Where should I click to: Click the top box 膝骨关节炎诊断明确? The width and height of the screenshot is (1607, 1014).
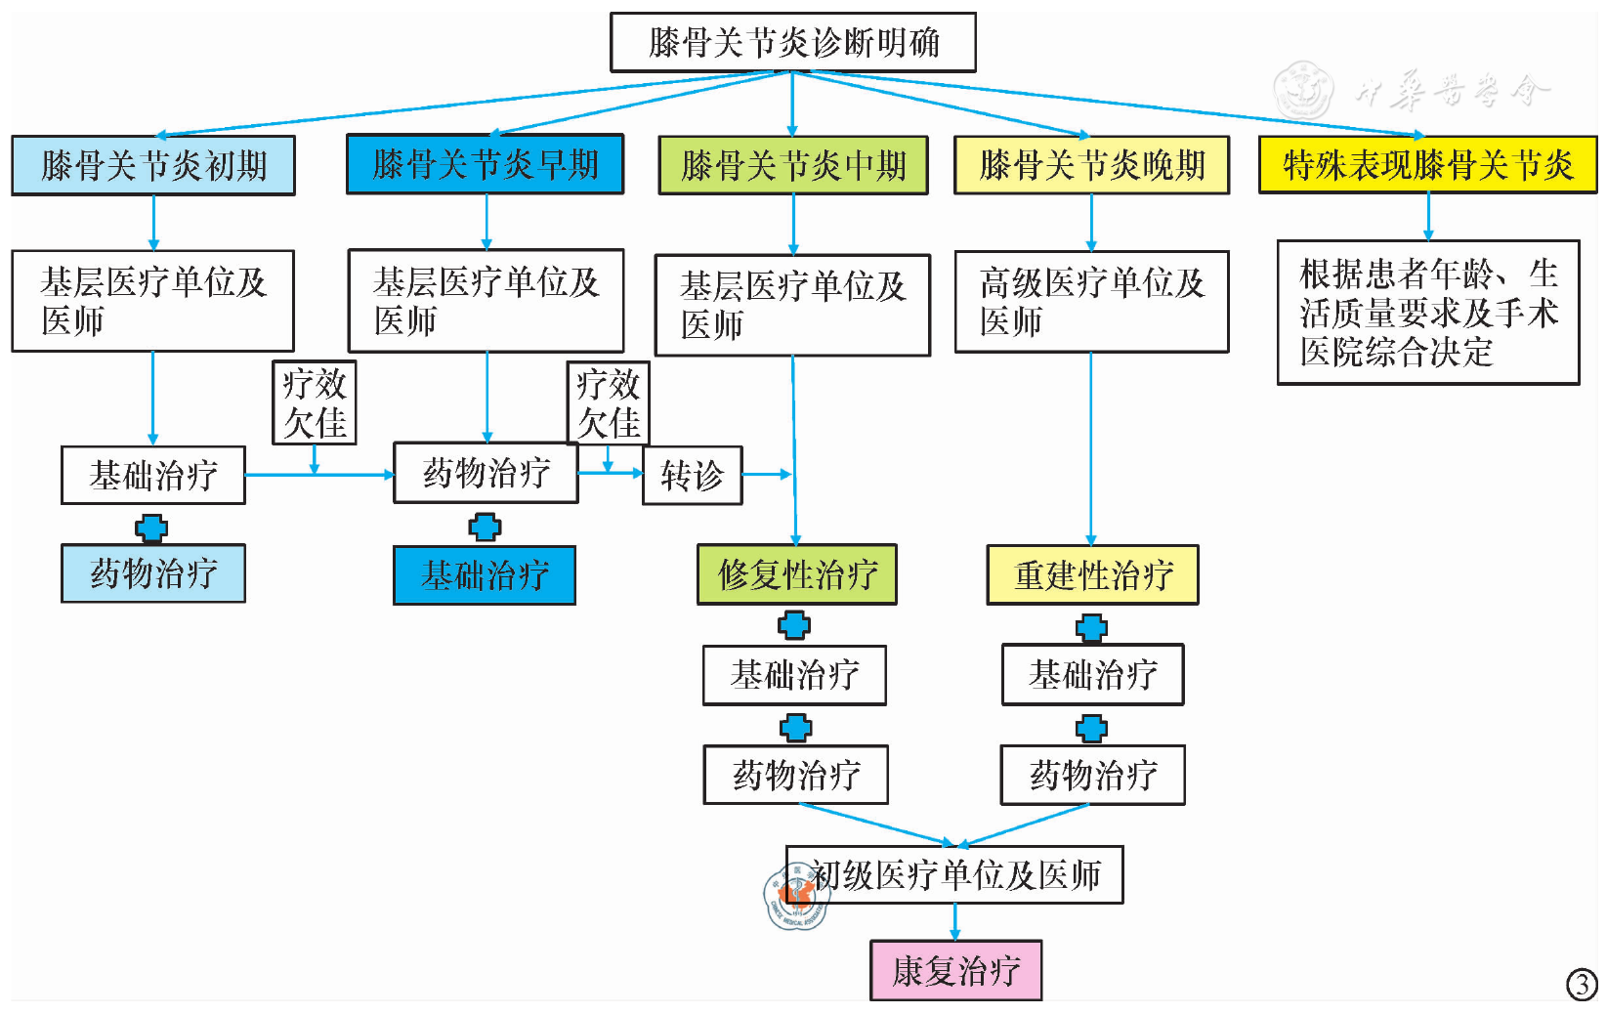[792, 43]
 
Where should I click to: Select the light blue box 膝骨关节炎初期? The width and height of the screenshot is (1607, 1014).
[153, 166]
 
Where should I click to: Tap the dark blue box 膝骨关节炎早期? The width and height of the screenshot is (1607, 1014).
[485, 164]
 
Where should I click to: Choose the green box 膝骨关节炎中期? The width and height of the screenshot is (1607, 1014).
[793, 166]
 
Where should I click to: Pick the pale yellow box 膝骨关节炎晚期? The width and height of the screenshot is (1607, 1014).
[1091, 166]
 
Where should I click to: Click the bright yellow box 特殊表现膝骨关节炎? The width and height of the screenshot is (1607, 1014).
[1427, 165]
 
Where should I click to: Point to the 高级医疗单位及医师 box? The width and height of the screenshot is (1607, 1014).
[1091, 302]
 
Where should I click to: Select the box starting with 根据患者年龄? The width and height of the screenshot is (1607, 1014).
[1427, 313]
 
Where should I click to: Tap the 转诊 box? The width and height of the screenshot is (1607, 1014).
[692, 476]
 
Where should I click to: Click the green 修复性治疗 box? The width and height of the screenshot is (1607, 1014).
[796, 574]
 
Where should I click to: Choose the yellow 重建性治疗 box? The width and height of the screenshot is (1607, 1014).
[1092, 575]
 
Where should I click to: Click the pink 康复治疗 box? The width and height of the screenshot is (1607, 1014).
[955, 971]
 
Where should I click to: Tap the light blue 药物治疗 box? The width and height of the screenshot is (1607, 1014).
[153, 573]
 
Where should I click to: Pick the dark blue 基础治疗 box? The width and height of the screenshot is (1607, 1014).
[485, 575]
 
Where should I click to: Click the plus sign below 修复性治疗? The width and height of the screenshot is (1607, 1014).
[794, 625]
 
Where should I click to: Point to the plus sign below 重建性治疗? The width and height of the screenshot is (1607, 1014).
[1091, 627]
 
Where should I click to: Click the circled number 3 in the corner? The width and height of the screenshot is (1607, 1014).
[1582, 984]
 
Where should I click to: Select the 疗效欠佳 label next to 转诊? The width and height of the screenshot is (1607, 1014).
[608, 403]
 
